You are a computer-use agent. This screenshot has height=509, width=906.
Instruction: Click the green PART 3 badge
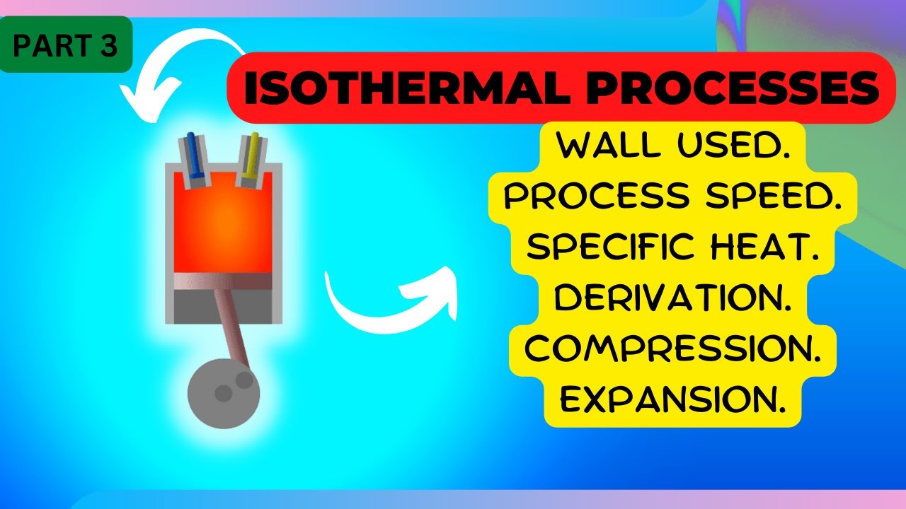(67, 45)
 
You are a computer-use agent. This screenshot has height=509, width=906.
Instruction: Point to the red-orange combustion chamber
(223, 226)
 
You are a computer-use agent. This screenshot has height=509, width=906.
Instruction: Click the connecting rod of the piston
(233, 325)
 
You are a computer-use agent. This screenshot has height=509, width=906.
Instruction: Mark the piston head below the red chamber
(223, 282)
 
